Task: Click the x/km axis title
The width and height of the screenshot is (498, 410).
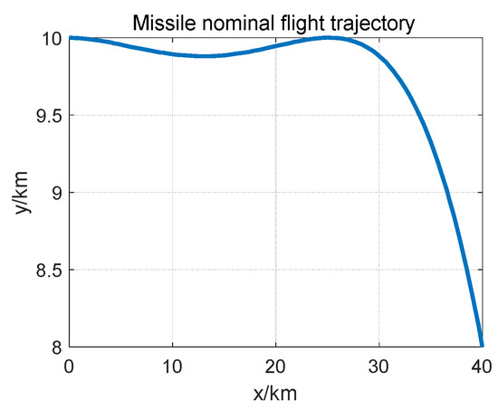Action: tap(275, 394)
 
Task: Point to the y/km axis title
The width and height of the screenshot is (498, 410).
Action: tap(20, 192)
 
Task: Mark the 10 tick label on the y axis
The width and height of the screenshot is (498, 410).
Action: tap(51, 38)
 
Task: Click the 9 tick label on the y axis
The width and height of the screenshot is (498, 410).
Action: tap(56, 193)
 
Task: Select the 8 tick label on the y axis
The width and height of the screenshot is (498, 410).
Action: tap(56, 347)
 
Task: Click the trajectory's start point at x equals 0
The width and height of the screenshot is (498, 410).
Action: tap(71, 37)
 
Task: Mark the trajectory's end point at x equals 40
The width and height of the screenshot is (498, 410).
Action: tap(481, 344)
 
